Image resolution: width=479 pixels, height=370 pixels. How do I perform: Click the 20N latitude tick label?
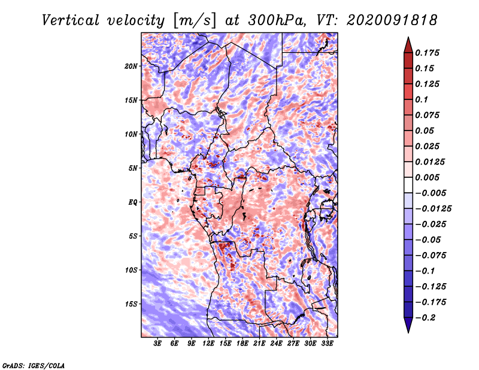click(131, 66)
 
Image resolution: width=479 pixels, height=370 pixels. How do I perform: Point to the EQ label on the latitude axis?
click(133, 202)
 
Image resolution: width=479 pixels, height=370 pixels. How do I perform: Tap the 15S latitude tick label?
click(131, 304)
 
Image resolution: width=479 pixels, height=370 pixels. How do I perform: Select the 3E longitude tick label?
click(157, 344)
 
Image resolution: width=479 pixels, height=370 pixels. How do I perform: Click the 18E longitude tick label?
click(242, 344)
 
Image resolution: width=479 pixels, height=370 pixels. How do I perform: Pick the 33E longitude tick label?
click(327, 344)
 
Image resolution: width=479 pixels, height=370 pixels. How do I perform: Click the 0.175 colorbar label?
click(428, 53)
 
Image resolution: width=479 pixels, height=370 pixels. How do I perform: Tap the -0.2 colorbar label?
click(425, 318)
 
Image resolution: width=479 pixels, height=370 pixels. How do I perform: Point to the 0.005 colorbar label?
click(428, 177)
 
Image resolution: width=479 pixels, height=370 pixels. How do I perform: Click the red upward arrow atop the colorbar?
click(408, 45)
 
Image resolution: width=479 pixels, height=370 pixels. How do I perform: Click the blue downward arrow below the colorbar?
click(408, 325)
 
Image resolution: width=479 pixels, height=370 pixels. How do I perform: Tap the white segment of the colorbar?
click(408, 185)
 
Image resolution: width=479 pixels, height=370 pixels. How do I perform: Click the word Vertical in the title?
click(71, 20)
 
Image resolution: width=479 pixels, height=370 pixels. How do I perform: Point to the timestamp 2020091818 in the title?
click(392, 20)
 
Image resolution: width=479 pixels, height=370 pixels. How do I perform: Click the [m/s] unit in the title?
click(195, 20)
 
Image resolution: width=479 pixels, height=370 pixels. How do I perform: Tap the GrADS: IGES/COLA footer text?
click(34, 366)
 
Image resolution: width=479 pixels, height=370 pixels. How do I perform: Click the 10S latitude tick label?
click(131, 270)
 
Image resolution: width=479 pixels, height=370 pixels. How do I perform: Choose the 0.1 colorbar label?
click(422, 99)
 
